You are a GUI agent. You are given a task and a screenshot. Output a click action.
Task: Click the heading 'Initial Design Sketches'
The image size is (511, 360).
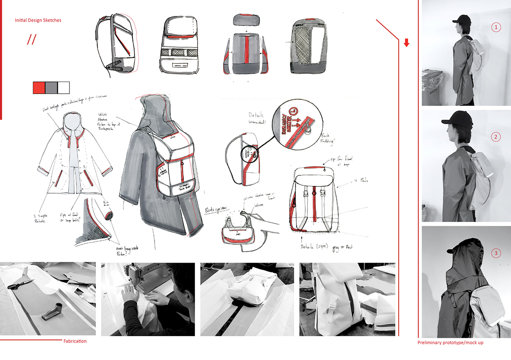[38, 20]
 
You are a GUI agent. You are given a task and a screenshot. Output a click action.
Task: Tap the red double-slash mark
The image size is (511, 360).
[31, 40]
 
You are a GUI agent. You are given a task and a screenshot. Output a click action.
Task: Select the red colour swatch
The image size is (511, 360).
[39, 88]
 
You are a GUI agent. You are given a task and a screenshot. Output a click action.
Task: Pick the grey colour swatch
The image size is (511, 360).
[51, 88]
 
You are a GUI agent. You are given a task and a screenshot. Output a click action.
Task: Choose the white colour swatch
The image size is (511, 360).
[63, 88]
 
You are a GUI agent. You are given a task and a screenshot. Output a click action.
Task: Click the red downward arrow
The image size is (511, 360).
[406, 43]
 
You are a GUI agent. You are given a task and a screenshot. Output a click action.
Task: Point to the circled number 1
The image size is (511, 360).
[495, 27]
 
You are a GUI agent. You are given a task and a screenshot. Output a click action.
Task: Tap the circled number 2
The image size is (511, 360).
[495, 137]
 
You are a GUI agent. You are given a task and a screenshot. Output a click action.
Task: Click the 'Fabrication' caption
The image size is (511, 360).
[75, 341]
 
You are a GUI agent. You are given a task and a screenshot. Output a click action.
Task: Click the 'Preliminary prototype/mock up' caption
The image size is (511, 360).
[451, 343]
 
